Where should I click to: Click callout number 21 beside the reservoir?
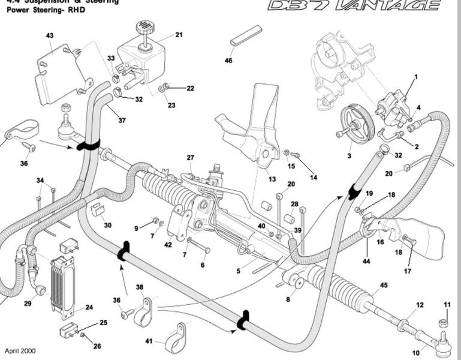(x=179, y=35)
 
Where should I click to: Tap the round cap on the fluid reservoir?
(x=143, y=28)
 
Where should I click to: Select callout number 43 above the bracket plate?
(x=50, y=36)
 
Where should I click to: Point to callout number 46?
(x=228, y=61)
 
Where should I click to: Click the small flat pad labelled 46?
(x=246, y=35)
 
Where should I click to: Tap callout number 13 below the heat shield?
(x=272, y=179)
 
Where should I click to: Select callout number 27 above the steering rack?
(x=191, y=158)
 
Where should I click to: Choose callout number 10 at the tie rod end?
(x=416, y=353)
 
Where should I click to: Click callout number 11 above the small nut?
(x=446, y=305)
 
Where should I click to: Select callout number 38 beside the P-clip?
(x=140, y=287)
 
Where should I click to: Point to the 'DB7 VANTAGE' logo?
(x=353, y=6)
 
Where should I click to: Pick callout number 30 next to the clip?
(x=108, y=226)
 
